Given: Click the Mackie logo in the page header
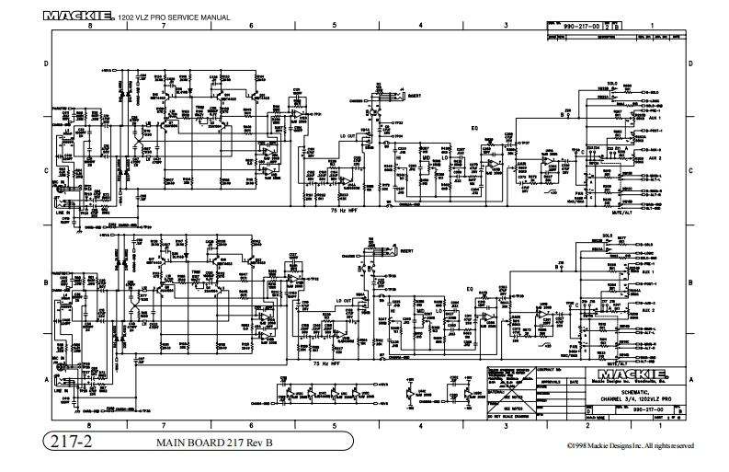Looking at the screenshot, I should (x=79, y=16).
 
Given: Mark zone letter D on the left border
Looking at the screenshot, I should (x=47, y=63).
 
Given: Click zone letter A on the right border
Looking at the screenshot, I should (x=689, y=378).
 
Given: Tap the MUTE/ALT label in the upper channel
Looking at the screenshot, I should (x=597, y=211).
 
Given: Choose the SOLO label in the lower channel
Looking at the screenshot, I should (x=608, y=235).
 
